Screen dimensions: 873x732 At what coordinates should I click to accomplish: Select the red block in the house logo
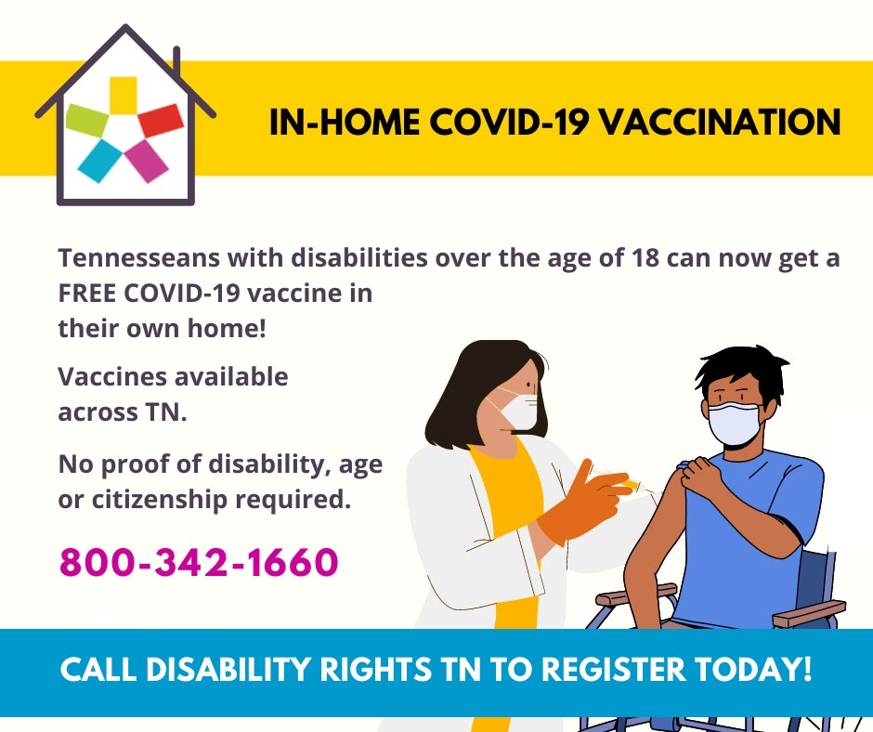click(x=161, y=121)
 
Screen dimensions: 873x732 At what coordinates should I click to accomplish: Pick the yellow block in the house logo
click(x=123, y=96)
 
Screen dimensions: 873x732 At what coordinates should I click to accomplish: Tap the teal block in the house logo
click(x=100, y=161)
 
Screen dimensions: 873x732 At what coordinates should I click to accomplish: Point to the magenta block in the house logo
click(x=147, y=161)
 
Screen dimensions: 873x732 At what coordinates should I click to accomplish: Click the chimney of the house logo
click(x=176, y=60)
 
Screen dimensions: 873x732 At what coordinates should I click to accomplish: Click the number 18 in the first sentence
click(x=645, y=258)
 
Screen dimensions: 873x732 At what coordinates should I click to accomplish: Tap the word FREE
click(x=86, y=294)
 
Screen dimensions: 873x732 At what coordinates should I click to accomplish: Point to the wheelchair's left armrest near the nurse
click(x=636, y=594)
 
